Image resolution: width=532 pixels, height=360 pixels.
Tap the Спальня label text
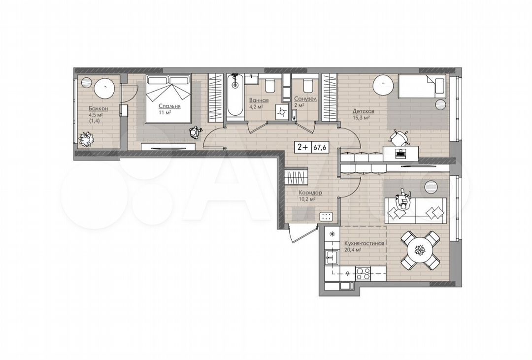(x=169, y=106)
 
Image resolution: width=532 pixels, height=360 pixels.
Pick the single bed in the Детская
(x=422, y=87)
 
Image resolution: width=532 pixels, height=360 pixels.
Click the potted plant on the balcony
(x=87, y=139)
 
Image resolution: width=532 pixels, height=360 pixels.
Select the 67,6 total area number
(x=320, y=147)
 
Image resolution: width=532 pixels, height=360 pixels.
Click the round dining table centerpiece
(x=419, y=251)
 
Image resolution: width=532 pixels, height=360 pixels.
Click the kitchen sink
(x=331, y=256)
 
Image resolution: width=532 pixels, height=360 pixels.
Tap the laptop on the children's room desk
(x=401, y=154)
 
